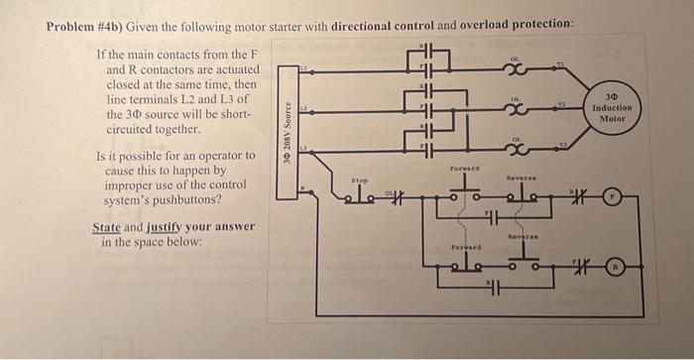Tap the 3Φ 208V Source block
click(x=288, y=122)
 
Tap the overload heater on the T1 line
click(x=516, y=69)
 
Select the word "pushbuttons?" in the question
click(x=213, y=198)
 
